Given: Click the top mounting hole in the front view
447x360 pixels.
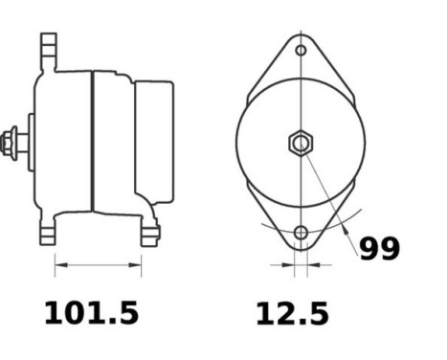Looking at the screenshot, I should point(301,50).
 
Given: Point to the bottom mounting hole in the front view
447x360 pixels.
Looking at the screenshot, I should point(301,233).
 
